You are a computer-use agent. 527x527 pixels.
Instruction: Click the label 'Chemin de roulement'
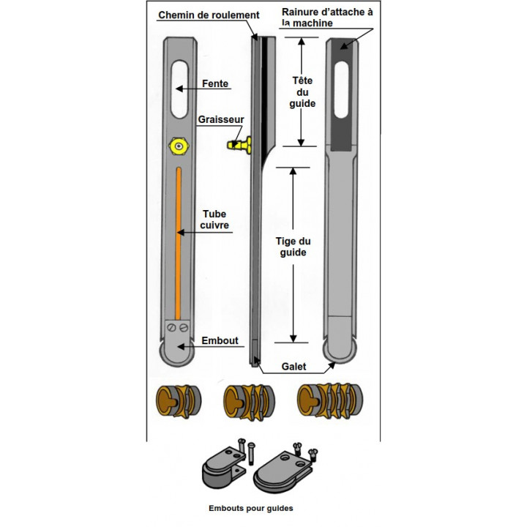pyautogui.click(x=209, y=15)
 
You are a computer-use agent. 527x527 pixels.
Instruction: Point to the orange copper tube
pyautogui.click(x=179, y=242)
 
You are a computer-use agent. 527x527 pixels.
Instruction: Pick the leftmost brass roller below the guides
pyautogui.click(x=179, y=400)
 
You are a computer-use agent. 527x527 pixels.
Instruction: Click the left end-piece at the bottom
pyautogui.click(x=223, y=469)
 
